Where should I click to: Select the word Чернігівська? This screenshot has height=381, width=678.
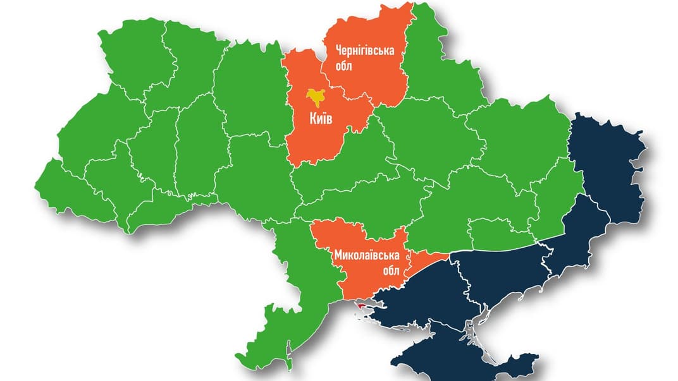364,51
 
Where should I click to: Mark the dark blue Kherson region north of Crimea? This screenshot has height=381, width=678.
430,291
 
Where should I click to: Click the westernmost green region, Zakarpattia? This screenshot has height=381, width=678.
70,193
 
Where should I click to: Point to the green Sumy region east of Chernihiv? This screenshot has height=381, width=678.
436,70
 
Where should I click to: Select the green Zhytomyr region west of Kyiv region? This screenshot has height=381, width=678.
247,95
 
